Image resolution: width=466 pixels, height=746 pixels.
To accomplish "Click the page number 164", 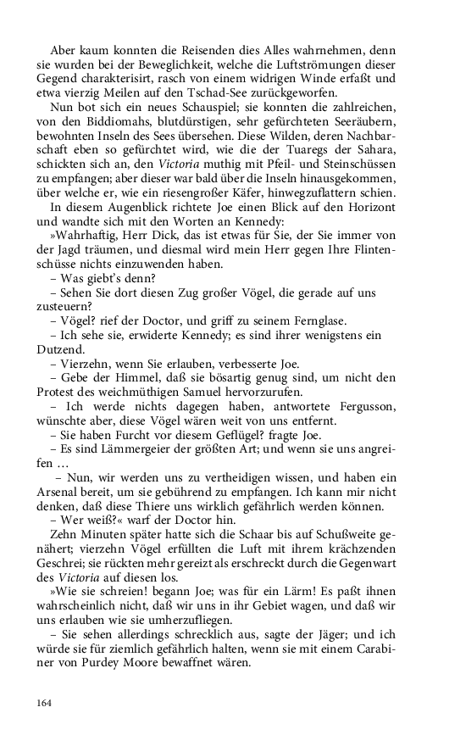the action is (45, 703).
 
